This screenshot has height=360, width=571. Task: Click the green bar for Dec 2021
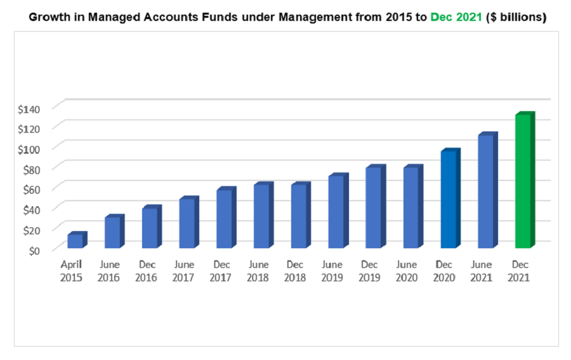click(523, 182)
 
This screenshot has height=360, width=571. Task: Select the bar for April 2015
click(75, 241)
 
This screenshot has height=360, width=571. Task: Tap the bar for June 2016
click(112, 232)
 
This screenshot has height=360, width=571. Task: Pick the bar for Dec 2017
click(224, 218)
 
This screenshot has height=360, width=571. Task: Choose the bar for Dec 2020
click(448, 199)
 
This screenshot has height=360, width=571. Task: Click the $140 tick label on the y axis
click(29, 109)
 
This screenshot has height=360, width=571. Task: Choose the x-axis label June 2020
click(407, 270)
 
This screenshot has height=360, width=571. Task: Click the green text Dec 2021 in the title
click(456, 18)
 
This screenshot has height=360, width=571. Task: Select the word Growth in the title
click(49, 18)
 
